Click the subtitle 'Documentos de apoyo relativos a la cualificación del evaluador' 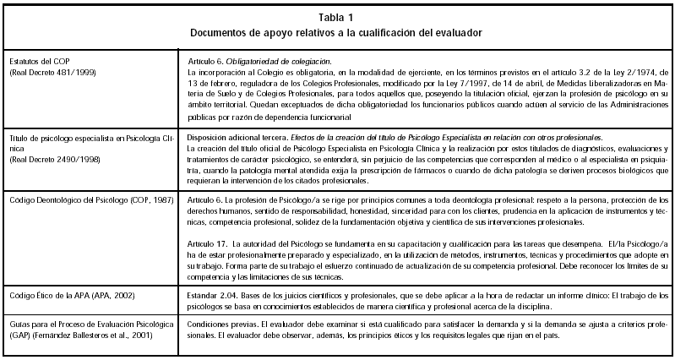[336, 32]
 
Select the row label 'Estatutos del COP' [39, 63]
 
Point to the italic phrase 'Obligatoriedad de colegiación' [280, 63]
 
